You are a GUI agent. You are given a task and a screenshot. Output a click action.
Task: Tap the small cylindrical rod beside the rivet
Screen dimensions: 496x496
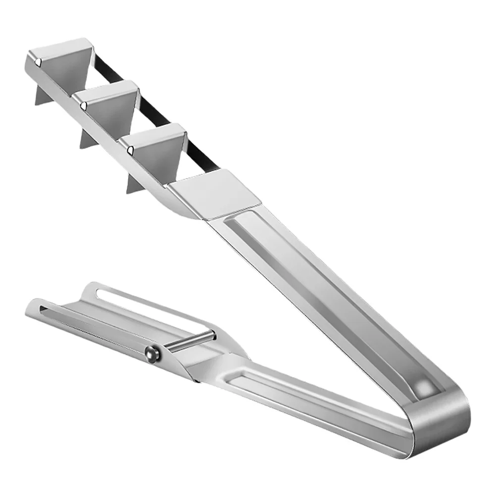pos(191,341)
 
